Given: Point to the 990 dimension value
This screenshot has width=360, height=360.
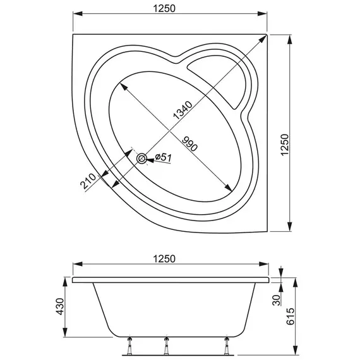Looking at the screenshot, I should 189,143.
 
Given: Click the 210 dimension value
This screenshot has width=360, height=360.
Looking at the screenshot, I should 88,183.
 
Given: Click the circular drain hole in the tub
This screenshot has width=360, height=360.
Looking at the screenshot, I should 142,158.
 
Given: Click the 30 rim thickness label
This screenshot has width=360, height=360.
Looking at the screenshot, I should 276,298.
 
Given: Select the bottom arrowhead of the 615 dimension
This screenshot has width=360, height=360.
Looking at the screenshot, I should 296,351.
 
